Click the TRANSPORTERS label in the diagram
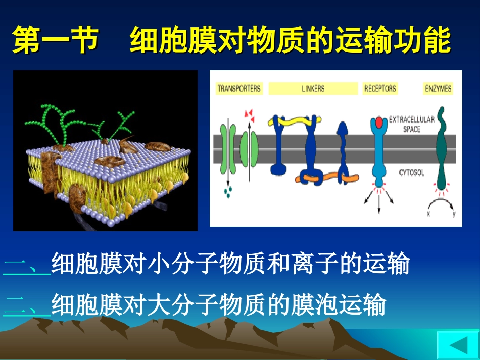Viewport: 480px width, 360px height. click(x=239, y=89)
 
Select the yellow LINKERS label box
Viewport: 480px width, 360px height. click(x=313, y=89)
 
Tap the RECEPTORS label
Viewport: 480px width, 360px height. click(x=380, y=89)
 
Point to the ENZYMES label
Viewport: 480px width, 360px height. click(x=438, y=89)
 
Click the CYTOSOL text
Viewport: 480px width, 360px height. click(x=412, y=173)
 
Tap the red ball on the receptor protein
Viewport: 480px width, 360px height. click(x=379, y=123)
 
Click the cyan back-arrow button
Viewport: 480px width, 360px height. click(x=457, y=346)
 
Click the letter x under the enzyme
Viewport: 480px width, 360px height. click(x=428, y=214)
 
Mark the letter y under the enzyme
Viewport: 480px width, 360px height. click(x=454, y=214)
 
